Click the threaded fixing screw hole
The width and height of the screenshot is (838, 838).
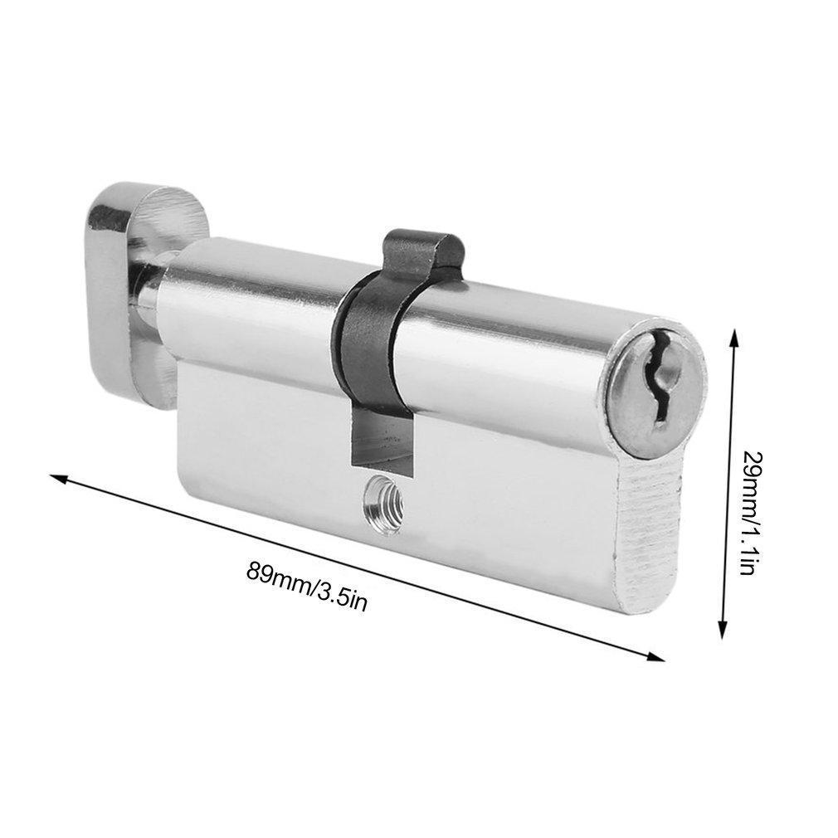(x=381, y=501)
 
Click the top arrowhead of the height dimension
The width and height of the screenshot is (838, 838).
(x=733, y=337)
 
